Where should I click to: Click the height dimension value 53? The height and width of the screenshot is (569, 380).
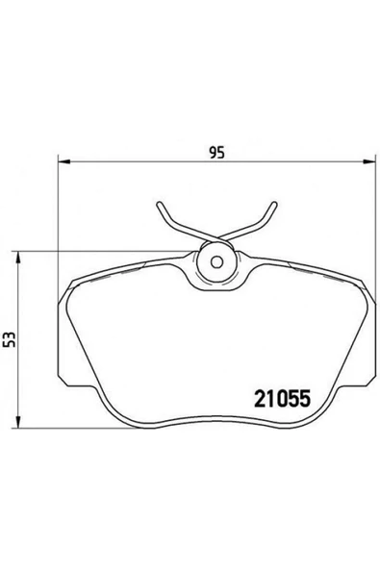coord(11,338)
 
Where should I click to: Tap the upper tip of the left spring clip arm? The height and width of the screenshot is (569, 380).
coord(157,204)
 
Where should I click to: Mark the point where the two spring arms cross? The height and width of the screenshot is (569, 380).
coord(215,239)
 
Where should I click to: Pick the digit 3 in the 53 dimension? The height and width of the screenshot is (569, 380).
coord(11,334)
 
